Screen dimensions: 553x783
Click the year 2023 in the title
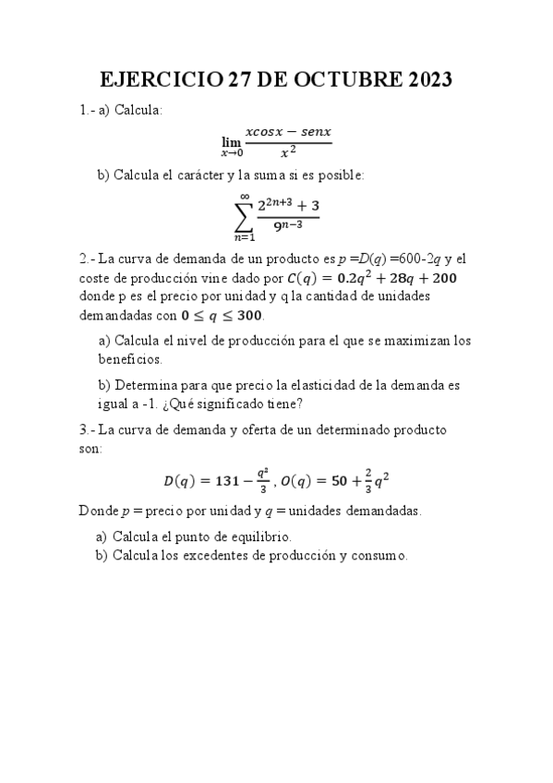pos(421,80)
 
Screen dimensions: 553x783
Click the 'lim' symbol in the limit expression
pos(231,141)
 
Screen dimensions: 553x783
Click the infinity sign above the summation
pos(244,194)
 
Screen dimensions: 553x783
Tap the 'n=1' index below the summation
pos(244,240)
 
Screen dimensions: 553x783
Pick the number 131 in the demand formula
pos(230,479)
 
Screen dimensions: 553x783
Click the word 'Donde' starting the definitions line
pos(97,510)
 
